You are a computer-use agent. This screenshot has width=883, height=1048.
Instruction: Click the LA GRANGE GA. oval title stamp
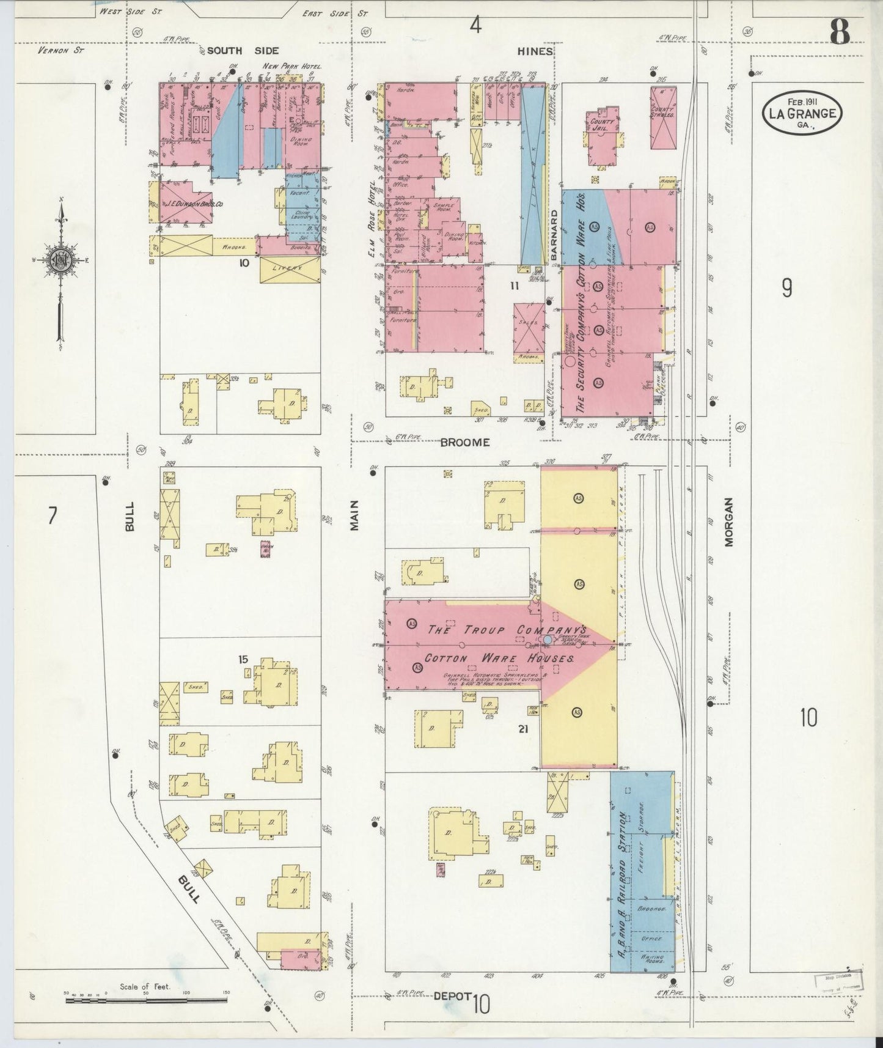pyautogui.click(x=802, y=112)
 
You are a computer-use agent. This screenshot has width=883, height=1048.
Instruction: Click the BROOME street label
pyautogui.click(x=465, y=442)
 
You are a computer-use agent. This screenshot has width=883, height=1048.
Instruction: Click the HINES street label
pyautogui.click(x=535, y=51)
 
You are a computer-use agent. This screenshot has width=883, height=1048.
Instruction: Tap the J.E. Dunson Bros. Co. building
pyautogui.click(x=186, y=202)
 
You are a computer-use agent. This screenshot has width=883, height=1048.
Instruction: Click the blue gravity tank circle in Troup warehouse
pyautogui.click(x=548, y=640)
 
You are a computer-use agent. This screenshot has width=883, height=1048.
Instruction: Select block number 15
pyautogui.click(x=243, y=659)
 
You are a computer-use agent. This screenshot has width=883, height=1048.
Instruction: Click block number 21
pyautogui.click(x=522, y=728)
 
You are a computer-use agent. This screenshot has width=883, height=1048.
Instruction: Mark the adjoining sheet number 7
pyautogui.click(x=52, y=517)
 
